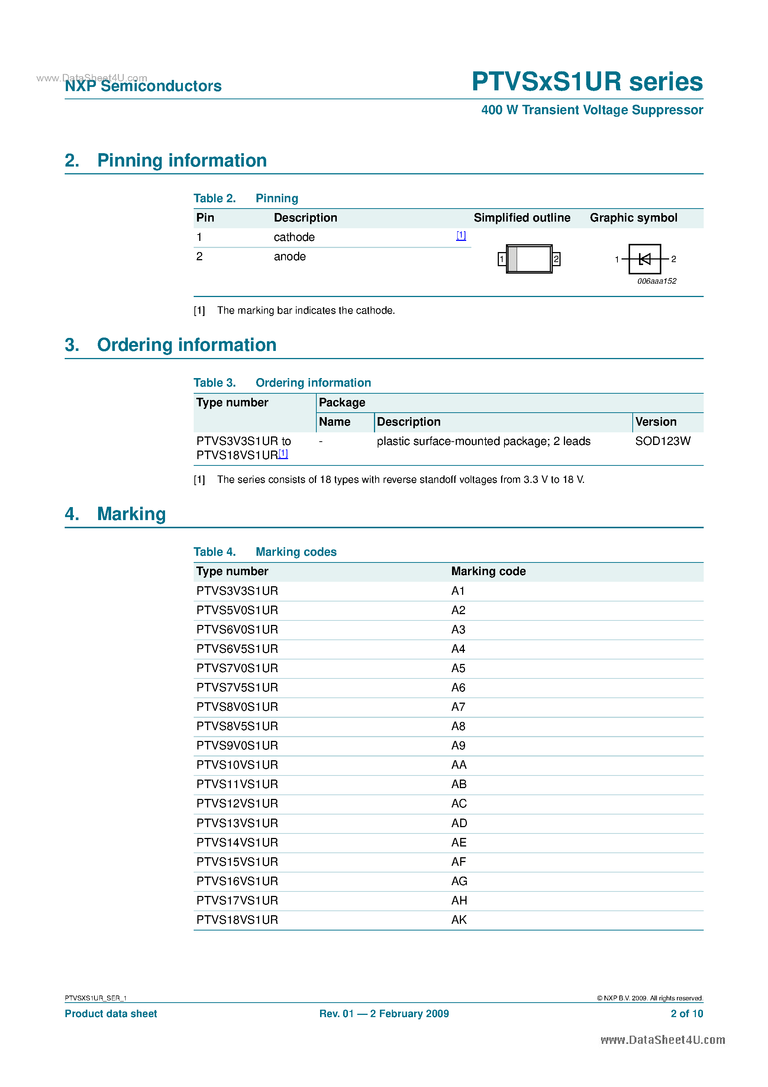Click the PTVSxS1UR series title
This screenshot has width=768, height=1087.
(x=587, y=81)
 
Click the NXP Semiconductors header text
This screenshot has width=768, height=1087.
(x=143, y=86)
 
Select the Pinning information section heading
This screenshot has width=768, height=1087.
(x=182, y=161)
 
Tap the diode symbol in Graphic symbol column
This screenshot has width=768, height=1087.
(x=645, y=259)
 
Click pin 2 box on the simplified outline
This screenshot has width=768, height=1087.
(x=556, y=259)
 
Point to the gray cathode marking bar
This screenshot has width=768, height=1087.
(x=512, y=259)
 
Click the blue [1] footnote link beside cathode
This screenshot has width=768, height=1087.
(x=461, y=235)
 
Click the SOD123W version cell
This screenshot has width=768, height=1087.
(x=662, y=441)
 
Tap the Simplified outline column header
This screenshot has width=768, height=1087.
(x=522, y=218)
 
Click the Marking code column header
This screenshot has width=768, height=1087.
(x=488, y=571)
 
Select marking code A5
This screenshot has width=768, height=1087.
(x=458, y=668)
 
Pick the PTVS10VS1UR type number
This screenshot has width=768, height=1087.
(x=237, y=765)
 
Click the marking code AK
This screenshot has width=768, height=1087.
(x=459, y=920)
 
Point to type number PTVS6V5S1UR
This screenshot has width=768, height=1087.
(x=237, y=649)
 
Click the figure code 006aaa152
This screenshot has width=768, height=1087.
(x=656, y=281)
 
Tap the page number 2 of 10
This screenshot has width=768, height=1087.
(x=687, y=1014)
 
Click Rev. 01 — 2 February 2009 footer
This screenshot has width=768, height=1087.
(x=384, y=1014)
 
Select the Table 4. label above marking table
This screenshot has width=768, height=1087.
(x=214, y=552)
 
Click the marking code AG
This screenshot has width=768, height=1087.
(x=459, y=881)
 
